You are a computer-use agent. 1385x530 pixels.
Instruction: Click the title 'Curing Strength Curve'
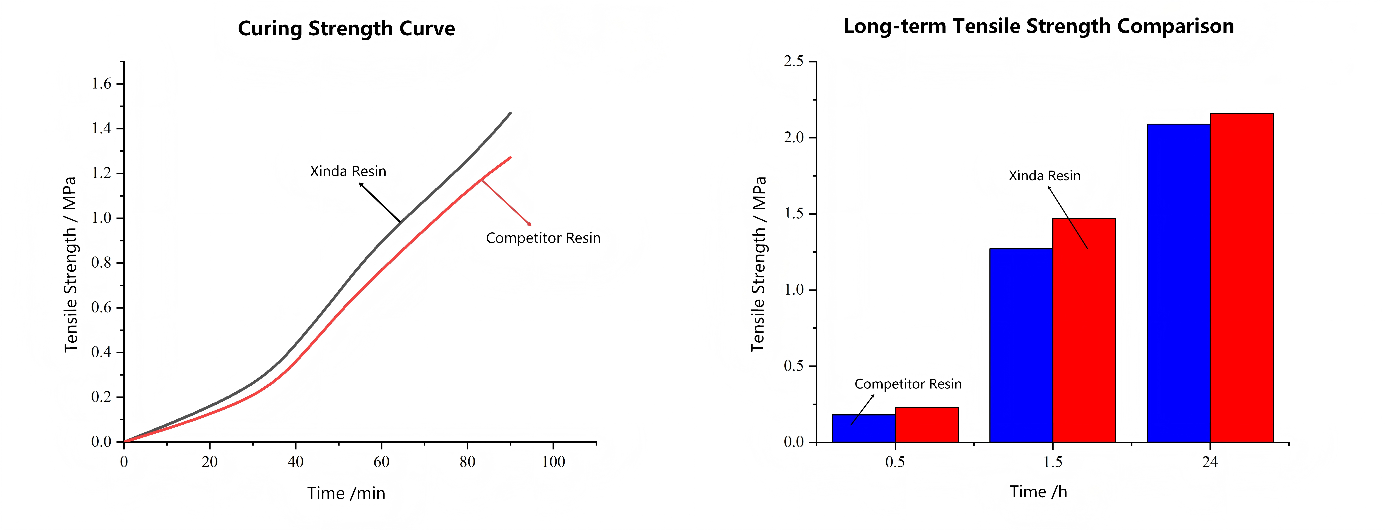346,28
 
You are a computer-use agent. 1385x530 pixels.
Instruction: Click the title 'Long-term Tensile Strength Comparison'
1039,26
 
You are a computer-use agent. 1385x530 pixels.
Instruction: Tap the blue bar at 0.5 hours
863,428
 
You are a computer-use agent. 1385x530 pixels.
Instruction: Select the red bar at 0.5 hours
926,425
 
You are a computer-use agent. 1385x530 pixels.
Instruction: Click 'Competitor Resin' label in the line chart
543,238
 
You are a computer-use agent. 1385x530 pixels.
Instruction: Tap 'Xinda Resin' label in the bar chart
1044,176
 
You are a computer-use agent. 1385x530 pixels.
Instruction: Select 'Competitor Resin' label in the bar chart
908,384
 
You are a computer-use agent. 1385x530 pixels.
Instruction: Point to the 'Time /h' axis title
1038,492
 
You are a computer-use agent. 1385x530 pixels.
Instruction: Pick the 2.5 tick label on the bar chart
793,61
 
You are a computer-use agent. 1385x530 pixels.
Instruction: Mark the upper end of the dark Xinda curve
510,113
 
